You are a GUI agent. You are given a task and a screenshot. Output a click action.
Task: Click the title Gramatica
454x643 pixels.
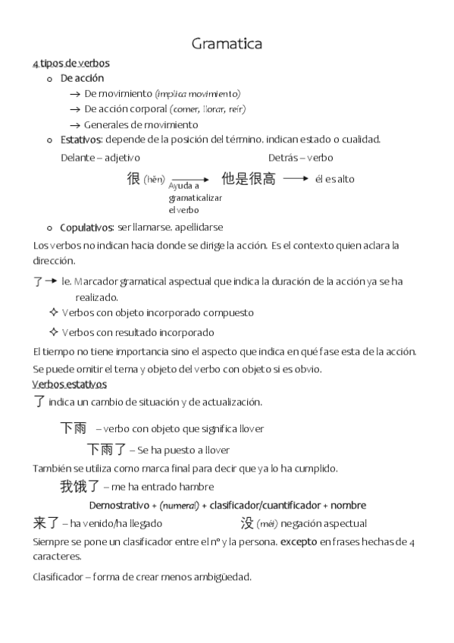point(227,44)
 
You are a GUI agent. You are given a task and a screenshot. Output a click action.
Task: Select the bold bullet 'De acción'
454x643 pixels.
point(83,78)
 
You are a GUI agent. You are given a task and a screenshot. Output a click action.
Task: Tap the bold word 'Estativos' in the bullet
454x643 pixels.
point(82,140)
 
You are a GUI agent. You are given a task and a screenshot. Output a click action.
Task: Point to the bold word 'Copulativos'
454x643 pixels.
point(87,227)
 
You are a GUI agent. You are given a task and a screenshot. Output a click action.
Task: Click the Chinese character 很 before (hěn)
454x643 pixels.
point(133,179)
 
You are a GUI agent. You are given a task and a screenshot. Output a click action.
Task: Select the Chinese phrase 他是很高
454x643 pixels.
point(248,179)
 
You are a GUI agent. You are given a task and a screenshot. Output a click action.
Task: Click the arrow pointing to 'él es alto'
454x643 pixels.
point(296,179)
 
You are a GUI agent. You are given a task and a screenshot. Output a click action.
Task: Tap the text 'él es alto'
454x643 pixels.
point(335,180)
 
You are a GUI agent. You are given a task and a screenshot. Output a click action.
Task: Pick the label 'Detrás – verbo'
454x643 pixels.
point(300,158)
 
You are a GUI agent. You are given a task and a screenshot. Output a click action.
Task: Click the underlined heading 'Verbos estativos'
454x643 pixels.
point(70,384)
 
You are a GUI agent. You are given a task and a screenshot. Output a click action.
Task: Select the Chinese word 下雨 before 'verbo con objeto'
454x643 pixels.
point(73,428)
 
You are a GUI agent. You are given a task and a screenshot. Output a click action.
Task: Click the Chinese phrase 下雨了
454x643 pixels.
point(106,450)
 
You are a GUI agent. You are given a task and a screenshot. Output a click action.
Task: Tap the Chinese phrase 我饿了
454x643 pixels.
point(79,486)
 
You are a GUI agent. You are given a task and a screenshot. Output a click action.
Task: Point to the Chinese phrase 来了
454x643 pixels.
point(46,522)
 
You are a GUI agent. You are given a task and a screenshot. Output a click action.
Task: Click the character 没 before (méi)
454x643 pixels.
point(247,522)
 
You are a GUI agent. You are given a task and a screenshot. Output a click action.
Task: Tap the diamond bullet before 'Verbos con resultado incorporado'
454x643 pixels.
point(53,332)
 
